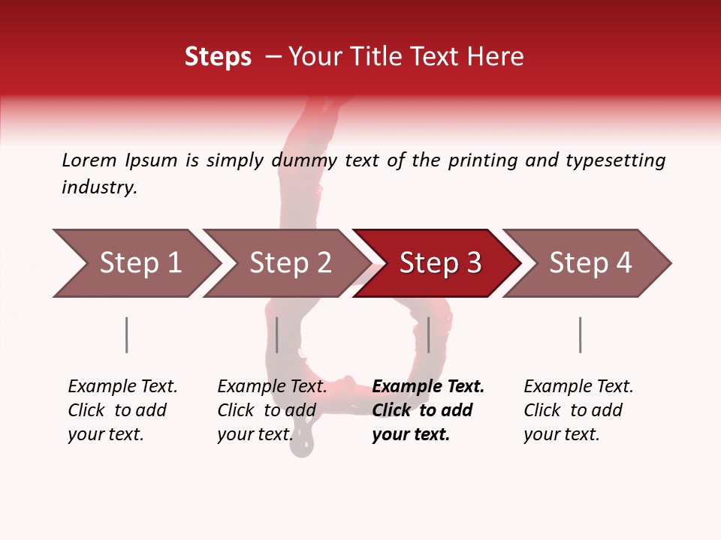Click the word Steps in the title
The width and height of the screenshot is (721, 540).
(218, 57)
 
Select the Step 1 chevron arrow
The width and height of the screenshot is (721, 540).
(135, 263)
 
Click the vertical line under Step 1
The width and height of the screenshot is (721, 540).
(127, 334)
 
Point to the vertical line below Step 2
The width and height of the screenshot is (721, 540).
(277, 334)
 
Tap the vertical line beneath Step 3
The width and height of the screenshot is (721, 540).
(429, 334)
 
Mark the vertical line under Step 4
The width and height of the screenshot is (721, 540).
(581, 334)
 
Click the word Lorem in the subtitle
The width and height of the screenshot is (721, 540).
(89, 160)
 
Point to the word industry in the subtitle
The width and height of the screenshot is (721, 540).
(99, 187)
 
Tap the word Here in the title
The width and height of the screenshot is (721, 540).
(499, 57)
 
